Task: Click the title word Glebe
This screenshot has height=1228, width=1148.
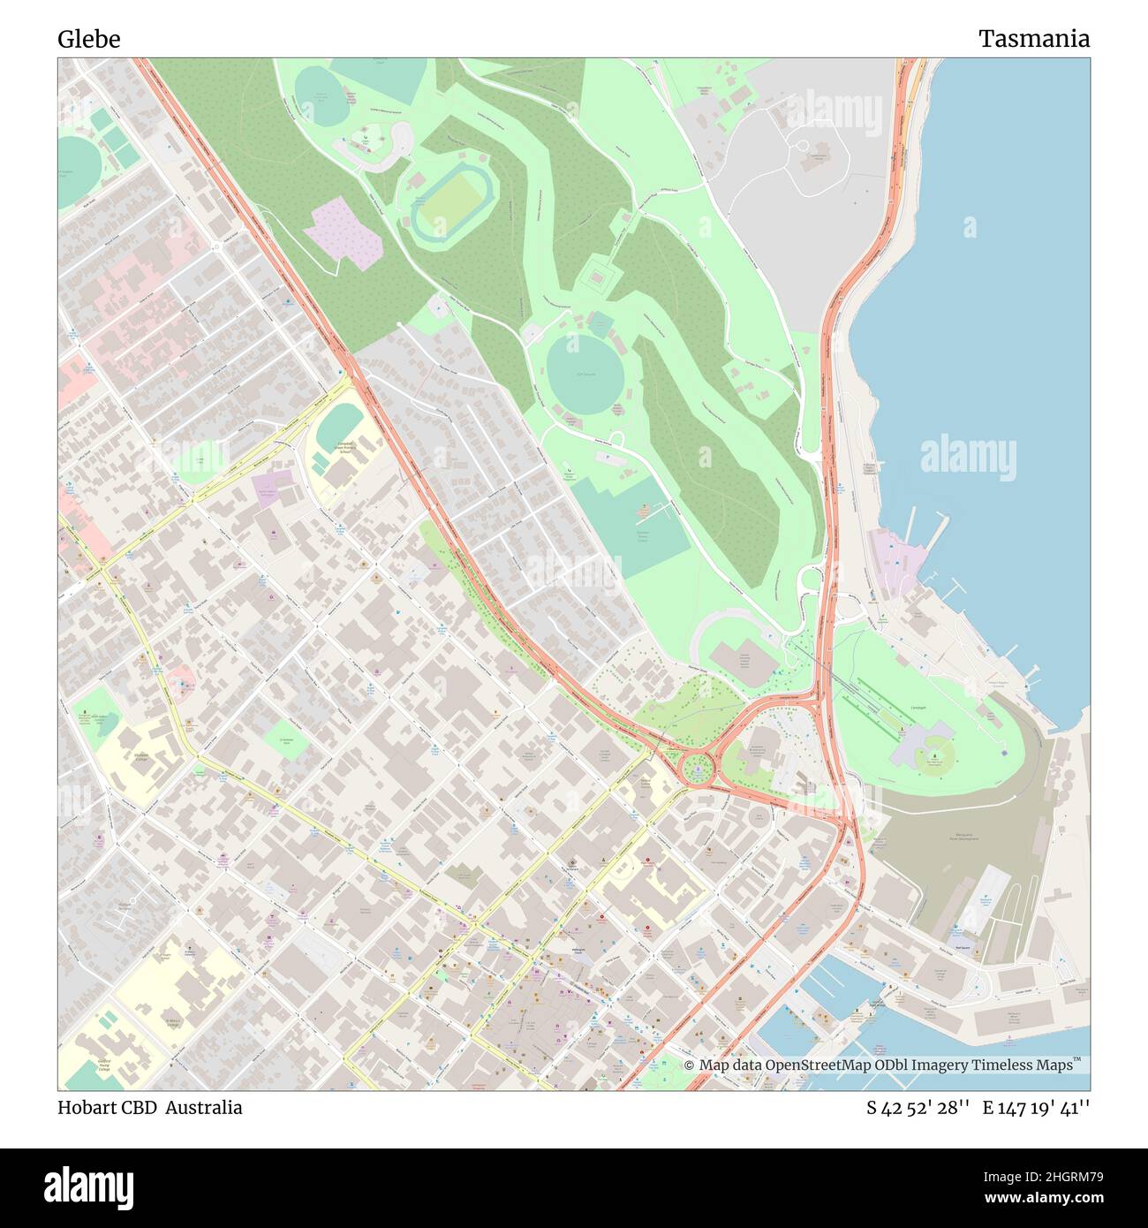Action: (89, 39)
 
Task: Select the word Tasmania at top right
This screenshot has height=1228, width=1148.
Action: (1033, 39)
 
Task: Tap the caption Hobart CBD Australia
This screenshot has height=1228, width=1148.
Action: (150, 1107)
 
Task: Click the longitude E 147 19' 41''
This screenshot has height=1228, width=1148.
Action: (1036, 1108)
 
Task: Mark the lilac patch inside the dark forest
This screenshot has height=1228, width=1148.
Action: (342, 231)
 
